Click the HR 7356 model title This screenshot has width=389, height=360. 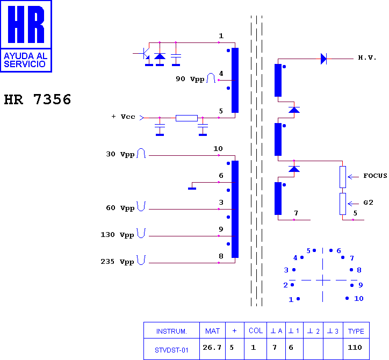coord(38,99)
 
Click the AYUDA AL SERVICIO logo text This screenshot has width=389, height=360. coord(26,60)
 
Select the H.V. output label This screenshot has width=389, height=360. coord(367,58)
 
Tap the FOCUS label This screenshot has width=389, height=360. coord(375,176)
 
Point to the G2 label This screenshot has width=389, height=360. coord(369,203)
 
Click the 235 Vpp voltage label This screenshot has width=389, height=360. coord(118,262)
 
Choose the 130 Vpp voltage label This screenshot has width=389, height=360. coord(118,235)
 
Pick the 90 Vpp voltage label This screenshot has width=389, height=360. coord(190,79)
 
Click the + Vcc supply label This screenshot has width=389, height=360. coord(123,117)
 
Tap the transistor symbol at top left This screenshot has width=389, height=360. coord(145,54)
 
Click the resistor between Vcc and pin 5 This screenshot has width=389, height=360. coord(186,118)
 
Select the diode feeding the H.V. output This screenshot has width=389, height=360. coord(323,59)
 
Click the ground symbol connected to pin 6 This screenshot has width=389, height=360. coord(192,189)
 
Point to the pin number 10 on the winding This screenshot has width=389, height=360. coord(218,149)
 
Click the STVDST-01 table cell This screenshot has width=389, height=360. coord(171,350)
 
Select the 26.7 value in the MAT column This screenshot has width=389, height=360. coord(212,347)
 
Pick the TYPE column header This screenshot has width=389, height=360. coord(356,331)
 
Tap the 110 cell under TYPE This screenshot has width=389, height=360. coord(355,347)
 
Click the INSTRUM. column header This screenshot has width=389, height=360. coord(171,331)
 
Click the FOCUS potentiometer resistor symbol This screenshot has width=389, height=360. coord(343,177)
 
